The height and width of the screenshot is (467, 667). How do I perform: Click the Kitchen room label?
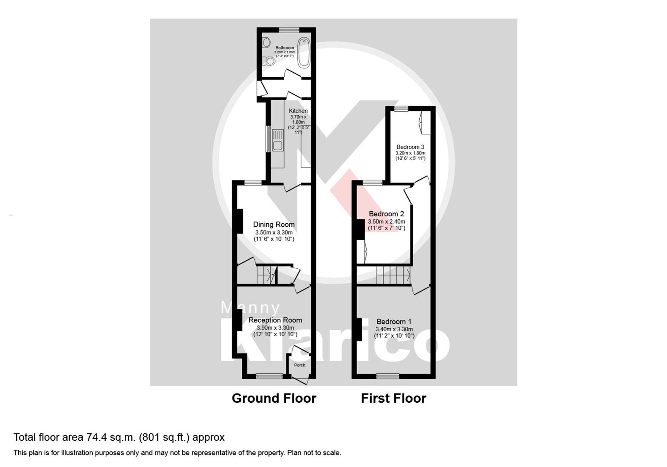(x=298, y=111)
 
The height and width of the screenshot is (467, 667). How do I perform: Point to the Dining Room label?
(x=274, y=224)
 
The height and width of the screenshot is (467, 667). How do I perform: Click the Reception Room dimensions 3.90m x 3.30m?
(x=275, y=328)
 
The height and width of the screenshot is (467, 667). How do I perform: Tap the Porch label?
(x=299, y=365)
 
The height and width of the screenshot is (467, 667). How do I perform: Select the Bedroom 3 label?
(x=410, y=147)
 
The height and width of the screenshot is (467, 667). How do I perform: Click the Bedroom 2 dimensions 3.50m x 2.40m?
(x=386, y=221)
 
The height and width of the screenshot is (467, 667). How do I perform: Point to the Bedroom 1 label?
(x=394, y=321)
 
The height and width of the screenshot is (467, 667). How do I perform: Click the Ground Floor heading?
(x=274, y=398)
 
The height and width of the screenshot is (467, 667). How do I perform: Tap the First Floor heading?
(x=394, y=398)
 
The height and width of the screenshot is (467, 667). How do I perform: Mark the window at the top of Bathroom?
(x=289, y=30)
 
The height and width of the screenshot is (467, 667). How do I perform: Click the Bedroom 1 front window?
(x=388, y=376)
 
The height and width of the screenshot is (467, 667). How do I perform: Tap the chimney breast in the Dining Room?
(x=239, y=221)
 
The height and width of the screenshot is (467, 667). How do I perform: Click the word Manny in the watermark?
(x=250, y=308)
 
